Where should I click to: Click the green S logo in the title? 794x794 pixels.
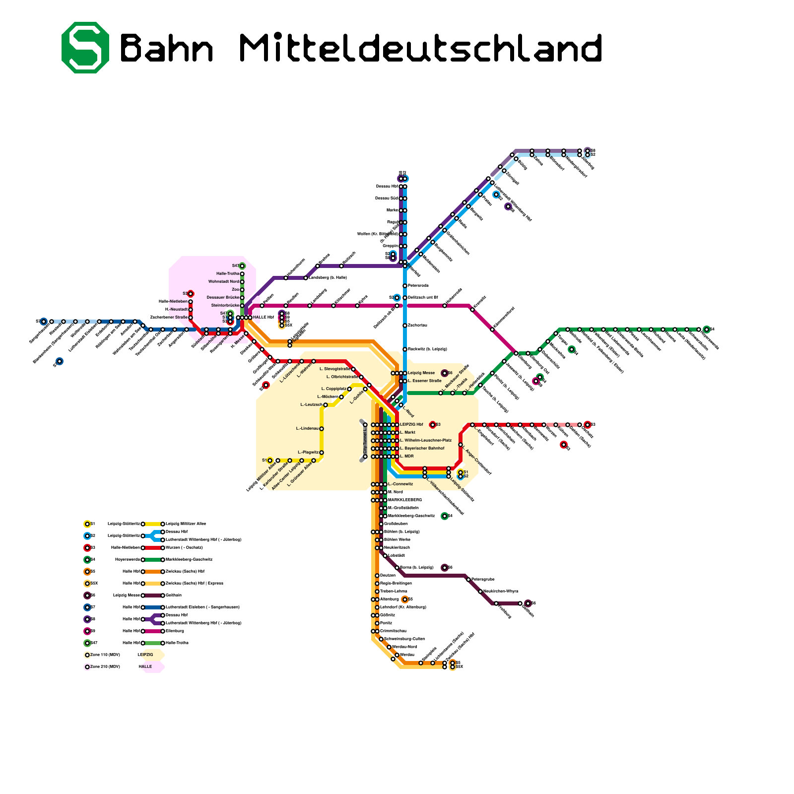(85, 48)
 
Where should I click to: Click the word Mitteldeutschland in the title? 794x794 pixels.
(421, 48)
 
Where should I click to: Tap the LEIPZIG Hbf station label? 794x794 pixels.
(411, 425)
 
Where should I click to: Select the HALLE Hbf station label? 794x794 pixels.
(263, 317)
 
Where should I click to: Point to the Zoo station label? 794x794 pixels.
(235, 289)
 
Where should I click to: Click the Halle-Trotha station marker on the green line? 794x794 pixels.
(242, 273)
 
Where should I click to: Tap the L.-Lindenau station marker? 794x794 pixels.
(322, 429)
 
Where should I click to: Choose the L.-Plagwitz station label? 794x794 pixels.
(308, 452)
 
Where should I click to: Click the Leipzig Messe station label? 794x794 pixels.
(421, 373)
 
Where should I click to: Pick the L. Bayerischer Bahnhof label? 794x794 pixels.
(422, 448)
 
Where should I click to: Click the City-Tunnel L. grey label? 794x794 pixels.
(365, 441)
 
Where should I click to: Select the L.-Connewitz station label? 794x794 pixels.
(400, 484)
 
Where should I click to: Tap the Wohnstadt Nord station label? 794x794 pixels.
(223, 281)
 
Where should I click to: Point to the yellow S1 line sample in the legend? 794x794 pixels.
(152, 524)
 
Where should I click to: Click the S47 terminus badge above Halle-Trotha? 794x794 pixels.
(242, 265)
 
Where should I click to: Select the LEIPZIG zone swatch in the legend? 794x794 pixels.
(153, 655)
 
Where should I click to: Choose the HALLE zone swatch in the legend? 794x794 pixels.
(153, 667)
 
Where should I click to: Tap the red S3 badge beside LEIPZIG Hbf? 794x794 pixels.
(433, 425)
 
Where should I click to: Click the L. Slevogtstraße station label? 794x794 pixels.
(334, 369)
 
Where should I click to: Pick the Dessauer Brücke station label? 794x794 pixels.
(223, 297)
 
